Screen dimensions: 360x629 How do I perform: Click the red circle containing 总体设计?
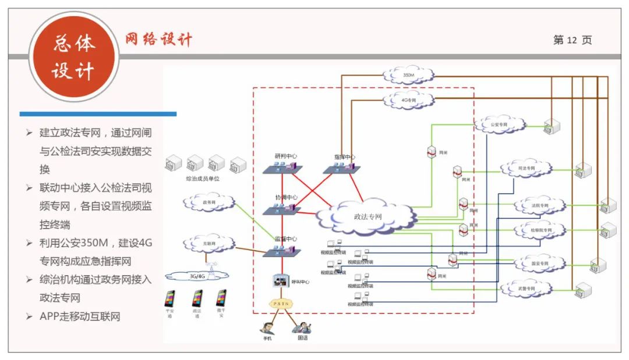(x=73, y=57)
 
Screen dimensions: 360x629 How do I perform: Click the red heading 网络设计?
(x=158, y=40)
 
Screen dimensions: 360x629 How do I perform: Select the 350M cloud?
(x=409, y=75)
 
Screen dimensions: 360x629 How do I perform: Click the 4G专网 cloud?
(x=409, y=100)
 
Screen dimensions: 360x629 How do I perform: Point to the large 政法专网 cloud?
(x=367, y=217)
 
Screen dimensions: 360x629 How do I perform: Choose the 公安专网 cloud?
(x=499, y=124)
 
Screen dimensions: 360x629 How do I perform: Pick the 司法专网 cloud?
(x=525, y=169)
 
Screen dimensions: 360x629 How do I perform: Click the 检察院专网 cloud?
(x=540, y=230)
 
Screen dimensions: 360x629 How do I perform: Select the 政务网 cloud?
(x=209, y=202)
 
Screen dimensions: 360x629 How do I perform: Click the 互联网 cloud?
(x=209, y=242)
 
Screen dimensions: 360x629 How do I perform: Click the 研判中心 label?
(x=285, y=156)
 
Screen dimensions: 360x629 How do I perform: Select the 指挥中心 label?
(x=344, y=157)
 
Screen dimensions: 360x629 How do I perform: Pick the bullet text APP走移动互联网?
(x=80, y=316)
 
